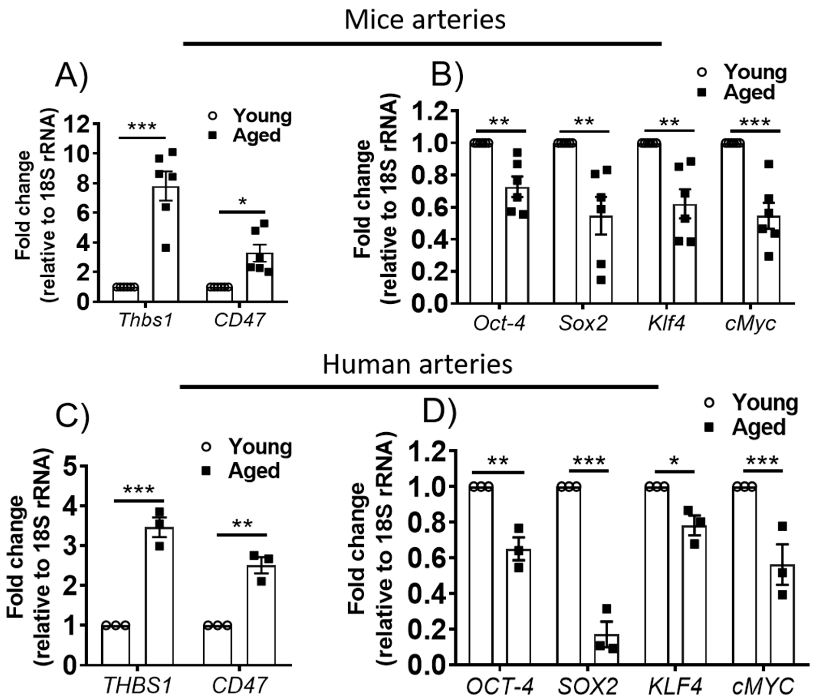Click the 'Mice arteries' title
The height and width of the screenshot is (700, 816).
(x=424, y=20)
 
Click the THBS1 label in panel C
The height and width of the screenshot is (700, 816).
(x=138, y=686)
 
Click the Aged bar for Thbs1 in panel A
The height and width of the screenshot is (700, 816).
(x=166, y=244)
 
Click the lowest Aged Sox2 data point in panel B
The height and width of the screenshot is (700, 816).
(x=601, y=280)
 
